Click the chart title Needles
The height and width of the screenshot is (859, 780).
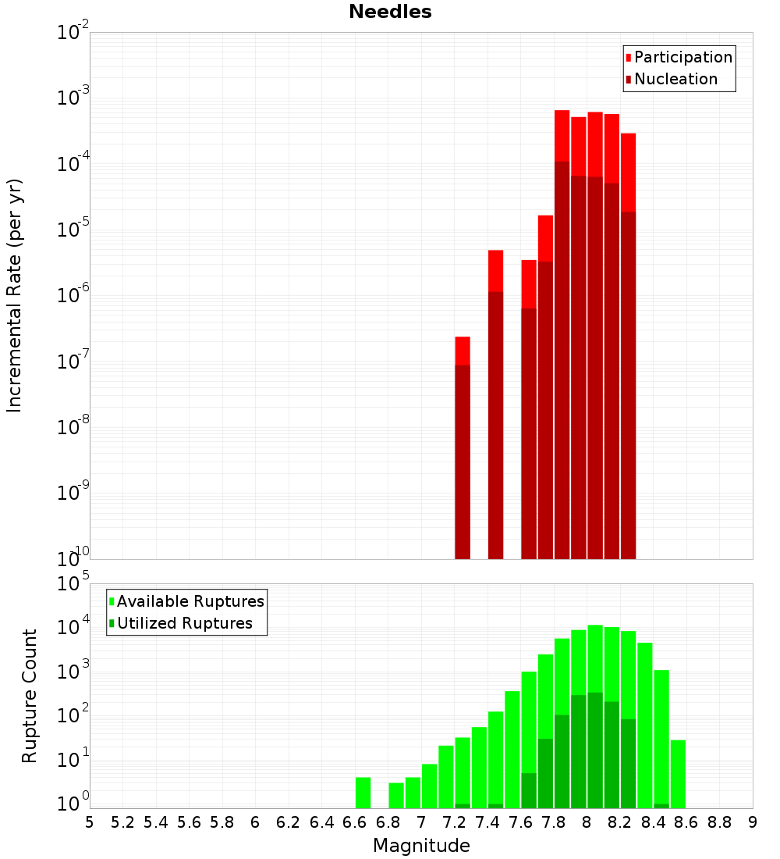click(390, 12)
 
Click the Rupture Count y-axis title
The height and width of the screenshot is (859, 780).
click(30, 696)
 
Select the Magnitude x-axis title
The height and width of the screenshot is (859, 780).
click(421, 846)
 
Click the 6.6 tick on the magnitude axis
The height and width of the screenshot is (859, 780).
click(355, 822)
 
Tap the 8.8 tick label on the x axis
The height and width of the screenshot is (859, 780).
click(719, 822)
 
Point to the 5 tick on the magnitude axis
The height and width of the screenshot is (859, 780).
click(90, 822)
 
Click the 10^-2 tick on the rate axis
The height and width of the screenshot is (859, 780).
click(73, 33)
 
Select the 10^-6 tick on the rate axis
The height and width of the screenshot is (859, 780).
click(73, 296)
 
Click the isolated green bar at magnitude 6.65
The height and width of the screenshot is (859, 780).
click(363, 793)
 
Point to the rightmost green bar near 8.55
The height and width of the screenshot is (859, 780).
click(678, 774)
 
